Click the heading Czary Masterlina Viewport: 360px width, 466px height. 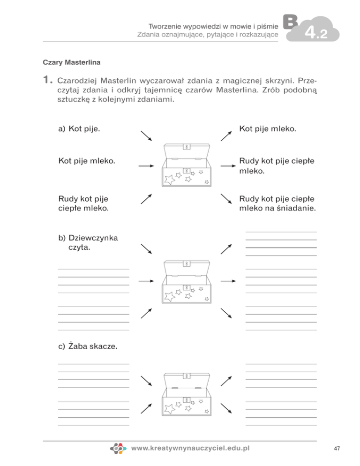click(x=72, y=61)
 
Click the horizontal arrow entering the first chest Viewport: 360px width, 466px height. click(x=146, y=166)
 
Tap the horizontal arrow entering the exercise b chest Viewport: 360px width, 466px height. click(x=146, y=281)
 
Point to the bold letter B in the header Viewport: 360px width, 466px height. click(x=290, y=22)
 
